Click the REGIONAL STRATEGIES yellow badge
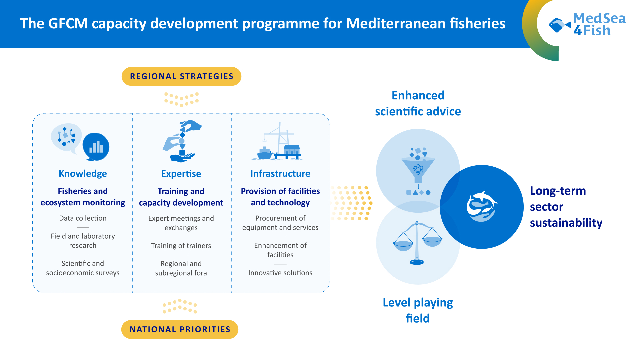click(181, 76)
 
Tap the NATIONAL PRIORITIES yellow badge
click(180, 329)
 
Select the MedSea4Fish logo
click(587, 24)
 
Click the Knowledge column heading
click(83, 173)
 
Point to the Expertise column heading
click(181, 174)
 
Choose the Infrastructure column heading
click(280, 173)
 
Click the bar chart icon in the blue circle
click(96, 147)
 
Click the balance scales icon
click(417, 243)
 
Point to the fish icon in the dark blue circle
click(482, 207)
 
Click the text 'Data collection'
click(83, 218)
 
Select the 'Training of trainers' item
click(181, 246)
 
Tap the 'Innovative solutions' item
click(280, 273)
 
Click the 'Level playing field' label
click(418, 310)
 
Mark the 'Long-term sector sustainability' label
click(566, 207)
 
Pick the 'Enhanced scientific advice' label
click(418, 103)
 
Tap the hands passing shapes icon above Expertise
click(182, 141)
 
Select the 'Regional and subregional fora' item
click(181, 268)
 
